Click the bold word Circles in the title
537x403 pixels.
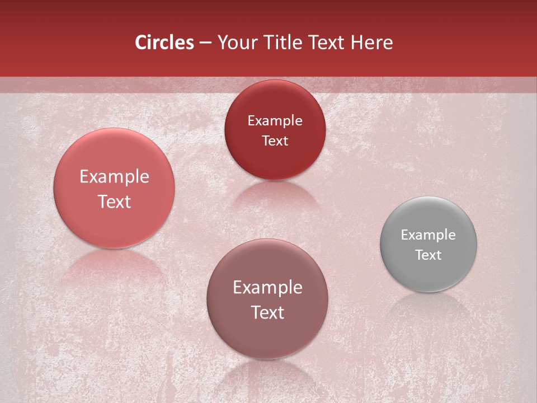coord(164,43)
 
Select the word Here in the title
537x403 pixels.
coord(372,43)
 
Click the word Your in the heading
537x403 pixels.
coord(235,43)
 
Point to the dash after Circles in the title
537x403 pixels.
coord(205,43)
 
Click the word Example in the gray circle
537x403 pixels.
coord(428,235)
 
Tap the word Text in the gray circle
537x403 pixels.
coord(428,255)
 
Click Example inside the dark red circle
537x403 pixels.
coord(275,121)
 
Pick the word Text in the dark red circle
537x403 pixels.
coord(275,141)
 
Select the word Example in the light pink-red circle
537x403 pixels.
coord(114,177)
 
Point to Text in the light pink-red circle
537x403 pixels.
coord(114,201)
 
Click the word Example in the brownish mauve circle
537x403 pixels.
coord(267,288)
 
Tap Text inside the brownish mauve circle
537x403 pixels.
coord(267,312)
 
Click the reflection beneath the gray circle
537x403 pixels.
coord(428,306)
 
